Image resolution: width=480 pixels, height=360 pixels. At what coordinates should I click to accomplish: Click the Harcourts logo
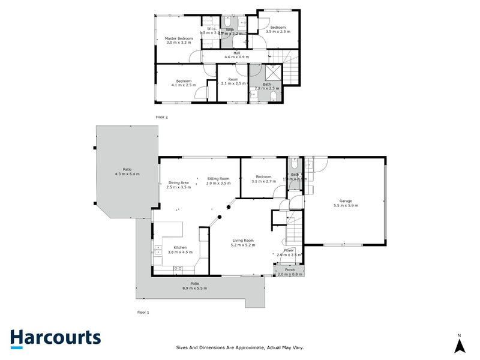pos(55,338)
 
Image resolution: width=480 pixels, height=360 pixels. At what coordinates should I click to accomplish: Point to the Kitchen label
pos(180,247)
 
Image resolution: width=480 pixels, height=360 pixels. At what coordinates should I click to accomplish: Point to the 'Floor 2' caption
pos(161,117)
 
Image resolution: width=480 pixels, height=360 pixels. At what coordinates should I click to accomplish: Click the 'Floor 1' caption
pos(143,312)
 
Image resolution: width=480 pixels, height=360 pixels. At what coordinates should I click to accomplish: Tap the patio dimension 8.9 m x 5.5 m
pos(194,289)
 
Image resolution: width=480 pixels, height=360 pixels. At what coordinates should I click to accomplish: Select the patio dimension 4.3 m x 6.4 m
pos(127,174)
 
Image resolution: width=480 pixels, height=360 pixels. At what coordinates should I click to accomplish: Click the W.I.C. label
pos(211,29)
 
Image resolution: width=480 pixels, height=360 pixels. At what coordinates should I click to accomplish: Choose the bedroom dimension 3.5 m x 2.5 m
pos(278,32)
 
